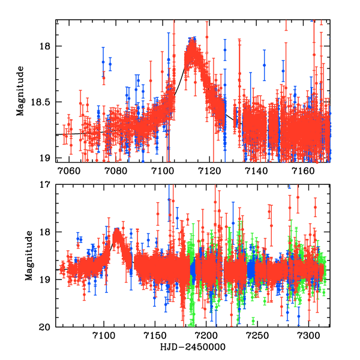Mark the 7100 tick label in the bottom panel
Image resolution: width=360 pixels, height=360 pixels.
(104, 337)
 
